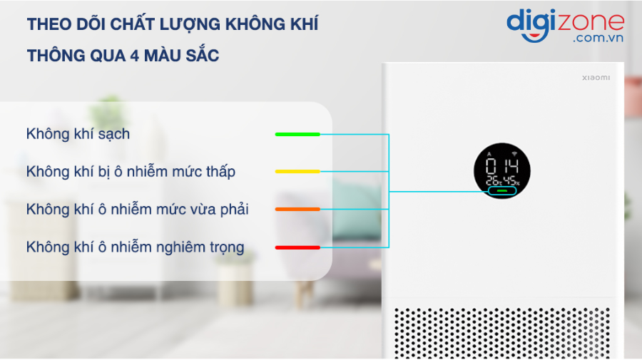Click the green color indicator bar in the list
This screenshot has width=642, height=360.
(x=297, y=134)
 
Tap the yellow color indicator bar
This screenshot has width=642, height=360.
(x=297, y=171)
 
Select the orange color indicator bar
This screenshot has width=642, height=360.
(x=297, y=209)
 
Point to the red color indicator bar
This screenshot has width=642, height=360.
(x=297, y=247)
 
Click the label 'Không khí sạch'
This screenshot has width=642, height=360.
(x=78, y=134)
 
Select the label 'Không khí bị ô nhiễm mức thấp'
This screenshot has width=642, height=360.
(x=131, y=172)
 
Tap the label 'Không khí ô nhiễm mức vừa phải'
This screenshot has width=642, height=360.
(x=138, y=210)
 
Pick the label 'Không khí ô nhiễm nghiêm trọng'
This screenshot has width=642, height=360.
(x=135, y=247)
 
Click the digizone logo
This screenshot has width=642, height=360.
(x=565, y=26)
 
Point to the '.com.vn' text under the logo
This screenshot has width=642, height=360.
(x=598, y=38)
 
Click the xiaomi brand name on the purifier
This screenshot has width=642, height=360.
(x=596, y=78)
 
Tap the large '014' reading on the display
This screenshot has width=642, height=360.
(x=502, y=167)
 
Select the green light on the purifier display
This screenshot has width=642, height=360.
(x=502, y=190)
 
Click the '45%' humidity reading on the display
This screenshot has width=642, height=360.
(x=511, y=180)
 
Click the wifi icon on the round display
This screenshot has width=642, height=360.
(x=514, y=154)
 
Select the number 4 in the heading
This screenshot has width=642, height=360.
(x=135, y=56)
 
